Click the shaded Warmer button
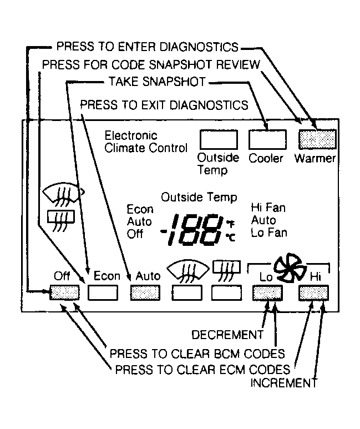pyautogui.click(x=317, y=139)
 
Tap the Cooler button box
pyautogui.click(x=267, y=139)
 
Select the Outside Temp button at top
pyautogui.click(x=219, y=139)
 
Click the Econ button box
pyautogui.click(x=103, y=292)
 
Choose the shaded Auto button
pyautogui.click(x=145, y=292)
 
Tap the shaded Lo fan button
pyautogui.click(x=267, y=292)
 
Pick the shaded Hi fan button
pyautogui.click(x=314, y=292)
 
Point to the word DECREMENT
pyautogui.click(x=227, y=335)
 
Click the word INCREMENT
pyautogui.click(x=284, y=383)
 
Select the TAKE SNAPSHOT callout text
pyautogui.click(x=158, y=82)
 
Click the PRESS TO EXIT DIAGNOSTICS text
pyautogui.click(x=164, y=105)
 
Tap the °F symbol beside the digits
pyautogui.click(x=231, y=224)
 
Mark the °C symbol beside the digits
pyautogui.click(x=231, y=237)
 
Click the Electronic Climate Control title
pyautogui.click(x=146, y=142)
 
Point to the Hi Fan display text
pyautogui.click(x=268, y=208)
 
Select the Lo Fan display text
pyautogui.click(x=269, y=233)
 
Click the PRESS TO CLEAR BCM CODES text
pyautogui.click(x=197, y=354)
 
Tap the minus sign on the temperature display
pyautogui.click(x=164, y=232)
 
